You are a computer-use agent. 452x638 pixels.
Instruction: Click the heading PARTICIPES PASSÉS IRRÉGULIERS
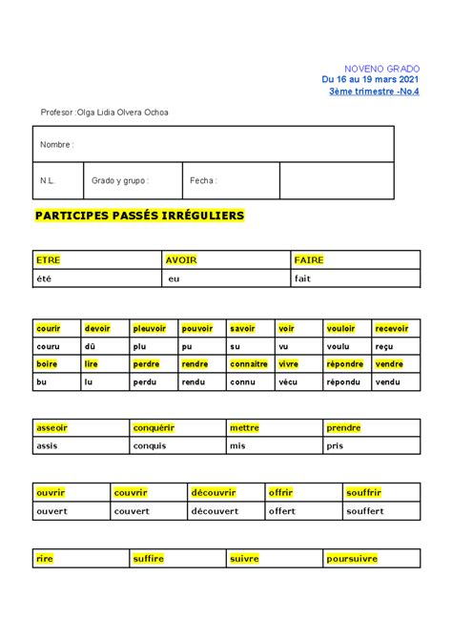click(x=139, y=216)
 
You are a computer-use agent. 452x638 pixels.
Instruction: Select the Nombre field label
click(x=56, y=144)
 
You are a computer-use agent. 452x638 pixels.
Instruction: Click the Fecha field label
click(x=203, y=180)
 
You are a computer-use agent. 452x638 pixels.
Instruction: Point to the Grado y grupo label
click(x=120, y=180)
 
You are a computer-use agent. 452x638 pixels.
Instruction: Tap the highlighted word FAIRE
click(x=309, y=259)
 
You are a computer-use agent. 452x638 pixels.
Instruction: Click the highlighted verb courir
click(x=48, y=328)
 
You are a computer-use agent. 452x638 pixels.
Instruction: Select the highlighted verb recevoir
click(x=392, y=328)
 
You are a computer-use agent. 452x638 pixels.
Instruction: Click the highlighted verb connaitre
click(x=250, y=364)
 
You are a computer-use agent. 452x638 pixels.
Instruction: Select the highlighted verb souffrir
click(x=363, y=493)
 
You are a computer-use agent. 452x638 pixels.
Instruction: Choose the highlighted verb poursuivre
click(x=352, y=559)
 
